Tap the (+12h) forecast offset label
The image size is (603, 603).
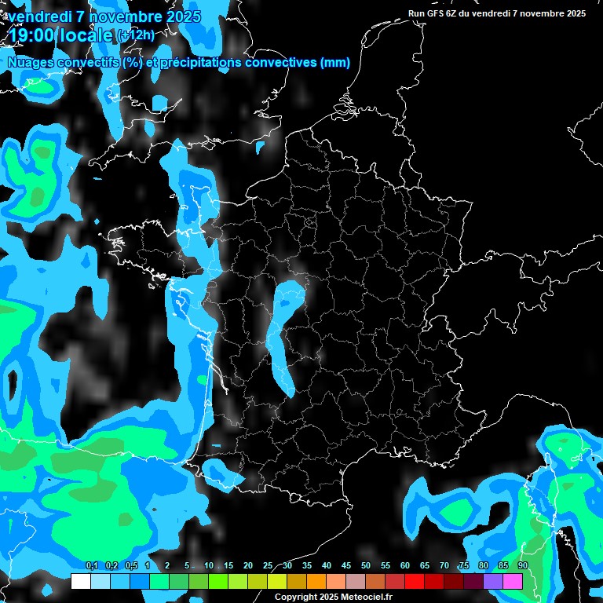coord(136,35)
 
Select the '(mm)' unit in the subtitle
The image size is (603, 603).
coord(336,63)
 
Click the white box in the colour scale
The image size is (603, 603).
coord(80,581)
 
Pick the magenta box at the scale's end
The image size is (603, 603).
coord(513,581)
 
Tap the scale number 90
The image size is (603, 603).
coord(523,565)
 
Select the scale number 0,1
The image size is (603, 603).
coord(91,565)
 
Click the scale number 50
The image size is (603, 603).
coord(366,565)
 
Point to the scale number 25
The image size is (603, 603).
coord(268,565)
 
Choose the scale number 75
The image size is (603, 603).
coord(464,565)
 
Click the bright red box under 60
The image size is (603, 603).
coord(415,581)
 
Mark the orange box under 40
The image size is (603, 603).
coord(316,581)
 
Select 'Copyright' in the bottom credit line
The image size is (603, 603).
coord(294,598)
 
